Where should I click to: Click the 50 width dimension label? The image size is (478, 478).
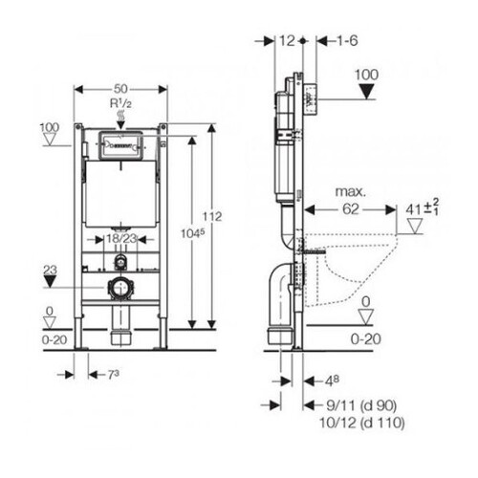pos(120,89)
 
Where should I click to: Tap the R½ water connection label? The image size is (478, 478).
pos(120,103)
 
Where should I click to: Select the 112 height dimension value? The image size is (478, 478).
pos(212,217)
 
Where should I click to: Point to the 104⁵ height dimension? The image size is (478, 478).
pos(192,233)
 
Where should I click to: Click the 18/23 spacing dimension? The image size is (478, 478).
pos(121,238)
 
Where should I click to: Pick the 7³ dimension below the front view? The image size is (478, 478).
pos(113,375)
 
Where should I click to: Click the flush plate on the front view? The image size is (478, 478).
pos(120,145)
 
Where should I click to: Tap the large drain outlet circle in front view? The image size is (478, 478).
pos(120,287)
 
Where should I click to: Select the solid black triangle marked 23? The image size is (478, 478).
pos(50,282)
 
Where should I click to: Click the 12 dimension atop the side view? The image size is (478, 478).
pos(287,41)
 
